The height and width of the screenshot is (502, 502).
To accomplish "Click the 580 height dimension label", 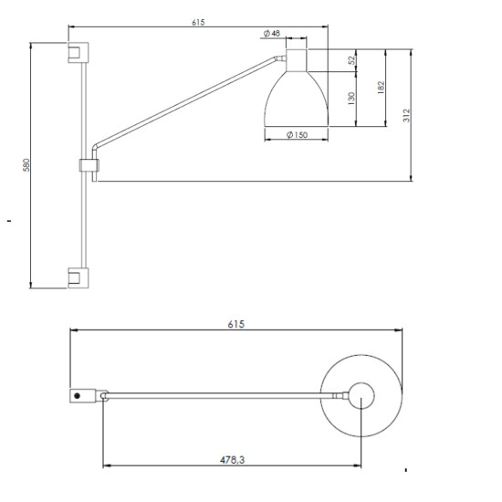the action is pos(26,165).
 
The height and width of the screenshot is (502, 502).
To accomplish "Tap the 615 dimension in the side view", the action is pos(198,23).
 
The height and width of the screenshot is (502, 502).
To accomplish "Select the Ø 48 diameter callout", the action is pos(271,33).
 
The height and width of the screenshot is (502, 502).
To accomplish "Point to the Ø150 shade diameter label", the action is pos(297,135).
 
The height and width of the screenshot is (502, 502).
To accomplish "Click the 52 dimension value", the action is pos(351,60).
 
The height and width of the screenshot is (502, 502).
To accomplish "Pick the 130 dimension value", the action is pos(351,99).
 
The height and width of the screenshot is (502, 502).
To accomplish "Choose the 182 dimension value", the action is pos(381,88).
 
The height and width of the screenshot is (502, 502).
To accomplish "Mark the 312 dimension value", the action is pos(406,115).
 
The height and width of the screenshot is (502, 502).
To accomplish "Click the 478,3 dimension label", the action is pos(232,460).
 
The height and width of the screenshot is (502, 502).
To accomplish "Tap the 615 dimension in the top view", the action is pos(236,324).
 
